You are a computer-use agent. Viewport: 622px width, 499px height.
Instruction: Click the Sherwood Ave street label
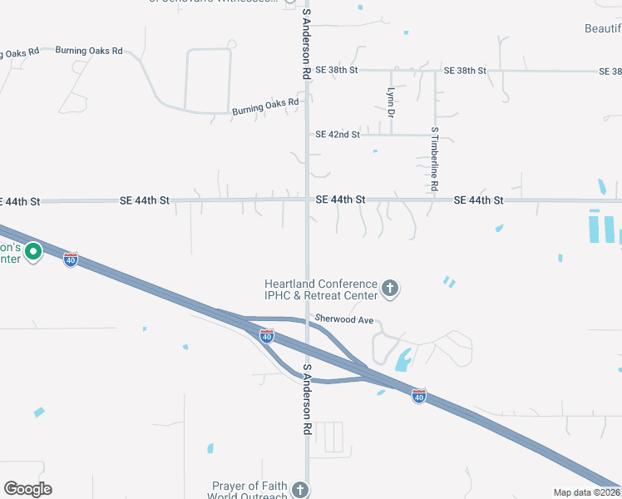(343, 319)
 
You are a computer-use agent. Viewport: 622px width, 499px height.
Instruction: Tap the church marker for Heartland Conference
(389, 289)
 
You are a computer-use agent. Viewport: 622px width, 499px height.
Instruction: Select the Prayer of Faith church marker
(300, 491)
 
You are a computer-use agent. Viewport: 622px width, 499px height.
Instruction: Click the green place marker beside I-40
(33, 250)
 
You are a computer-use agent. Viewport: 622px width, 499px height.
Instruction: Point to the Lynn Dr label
(390, 101)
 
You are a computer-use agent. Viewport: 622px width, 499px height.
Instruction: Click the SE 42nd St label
(338, 135)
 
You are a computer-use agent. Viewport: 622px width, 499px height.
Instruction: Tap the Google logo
(27, 489)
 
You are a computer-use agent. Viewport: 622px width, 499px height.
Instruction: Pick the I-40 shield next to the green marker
(71, 259)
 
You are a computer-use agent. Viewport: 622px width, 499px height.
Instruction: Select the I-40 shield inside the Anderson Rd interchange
(266, 335)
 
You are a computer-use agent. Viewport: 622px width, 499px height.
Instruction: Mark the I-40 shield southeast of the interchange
(419, 396)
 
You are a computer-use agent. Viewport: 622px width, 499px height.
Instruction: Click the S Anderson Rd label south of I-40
(307, 401)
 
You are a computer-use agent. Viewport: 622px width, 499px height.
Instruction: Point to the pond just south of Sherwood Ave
(403, 360)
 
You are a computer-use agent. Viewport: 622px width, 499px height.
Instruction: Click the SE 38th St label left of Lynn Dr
(336, 71)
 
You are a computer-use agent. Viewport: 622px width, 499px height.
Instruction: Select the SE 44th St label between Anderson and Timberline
(341, 200)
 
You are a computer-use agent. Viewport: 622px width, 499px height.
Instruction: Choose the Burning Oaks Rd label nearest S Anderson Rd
(265, 106)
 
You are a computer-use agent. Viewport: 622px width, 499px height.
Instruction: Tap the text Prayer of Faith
(249, 486)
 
